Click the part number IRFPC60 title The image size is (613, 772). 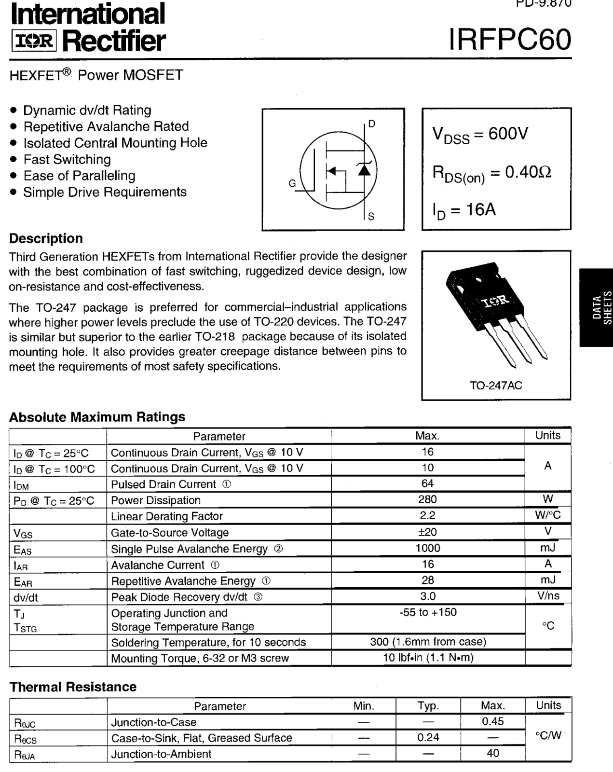tap(510, 40)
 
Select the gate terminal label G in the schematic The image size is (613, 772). tap(292, 183)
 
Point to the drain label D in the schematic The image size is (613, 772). tap(371, 124)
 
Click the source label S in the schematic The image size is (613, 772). tap(371, 217)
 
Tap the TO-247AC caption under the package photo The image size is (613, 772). tap(496, 386)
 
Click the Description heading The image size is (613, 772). tap(46, 238)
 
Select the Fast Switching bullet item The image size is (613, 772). tap(67, 159)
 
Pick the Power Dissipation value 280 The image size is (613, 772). tap(427, 499)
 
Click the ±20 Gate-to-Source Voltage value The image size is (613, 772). tap(427, 532)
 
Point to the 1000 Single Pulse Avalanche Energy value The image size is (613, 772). tap(427, 548)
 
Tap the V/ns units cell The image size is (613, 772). tap(548, 596)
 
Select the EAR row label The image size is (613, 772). tap(23, 582)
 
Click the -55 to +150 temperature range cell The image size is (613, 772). tap(427, 612)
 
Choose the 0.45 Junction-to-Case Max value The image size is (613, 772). tap(492, 721)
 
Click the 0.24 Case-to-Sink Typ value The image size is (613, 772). tap(428, 737)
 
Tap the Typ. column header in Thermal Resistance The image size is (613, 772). tap(428, 706)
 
